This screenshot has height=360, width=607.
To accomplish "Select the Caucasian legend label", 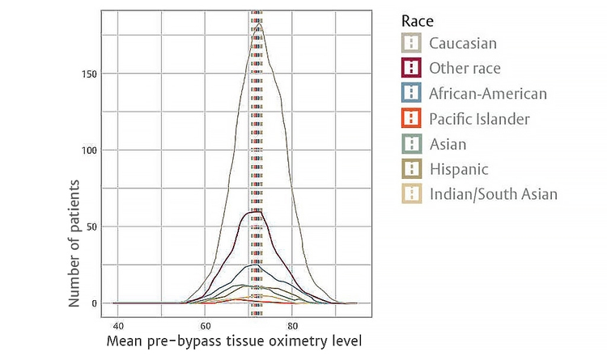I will [463, 43].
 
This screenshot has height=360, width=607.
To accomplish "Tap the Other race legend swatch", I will [414, 68].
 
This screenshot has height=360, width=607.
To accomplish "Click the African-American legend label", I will [488, 94].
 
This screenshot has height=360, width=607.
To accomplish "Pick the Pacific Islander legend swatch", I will [414, 119].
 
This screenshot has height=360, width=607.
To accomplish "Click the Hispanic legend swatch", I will [414, 169].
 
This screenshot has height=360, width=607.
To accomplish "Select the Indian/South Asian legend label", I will [494, 194].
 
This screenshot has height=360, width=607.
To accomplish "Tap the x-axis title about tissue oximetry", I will [234, 341].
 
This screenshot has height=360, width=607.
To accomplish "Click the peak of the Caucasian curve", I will [258, 24].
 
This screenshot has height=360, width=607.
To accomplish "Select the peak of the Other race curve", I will [256, 211].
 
